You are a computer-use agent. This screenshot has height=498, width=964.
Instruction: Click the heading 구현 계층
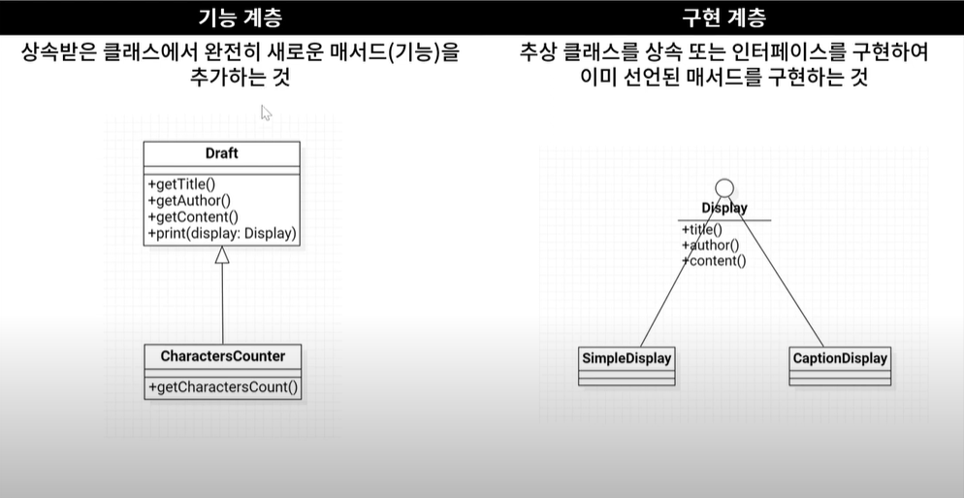(x=724, y=17)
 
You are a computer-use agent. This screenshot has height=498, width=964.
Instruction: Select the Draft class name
(x=221, y=153)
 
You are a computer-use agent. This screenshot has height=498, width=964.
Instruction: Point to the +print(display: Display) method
(x=222, y=234)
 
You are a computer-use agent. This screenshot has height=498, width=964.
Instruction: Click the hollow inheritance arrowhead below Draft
(x=222, y=255)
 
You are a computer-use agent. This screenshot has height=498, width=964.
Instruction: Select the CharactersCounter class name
(x=222, y=356)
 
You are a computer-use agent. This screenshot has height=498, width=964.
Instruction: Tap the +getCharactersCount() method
(x=222, y=387)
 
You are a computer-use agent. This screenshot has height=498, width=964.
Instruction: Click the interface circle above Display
(x=723, y=188)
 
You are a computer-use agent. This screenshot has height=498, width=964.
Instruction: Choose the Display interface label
(x=724, y=208)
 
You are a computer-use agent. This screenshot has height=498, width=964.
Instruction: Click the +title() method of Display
(x=702, y=230)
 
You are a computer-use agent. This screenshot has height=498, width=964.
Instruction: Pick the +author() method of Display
(x=710, y=246)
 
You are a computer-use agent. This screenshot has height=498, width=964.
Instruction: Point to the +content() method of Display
(x=714, y=261)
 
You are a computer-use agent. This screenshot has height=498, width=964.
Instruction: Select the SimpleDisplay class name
(x=627, y=358)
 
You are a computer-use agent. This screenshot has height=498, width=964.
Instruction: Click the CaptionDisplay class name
(x=840, y=358)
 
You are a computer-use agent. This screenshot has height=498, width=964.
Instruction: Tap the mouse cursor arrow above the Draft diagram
(x=265, y=112)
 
